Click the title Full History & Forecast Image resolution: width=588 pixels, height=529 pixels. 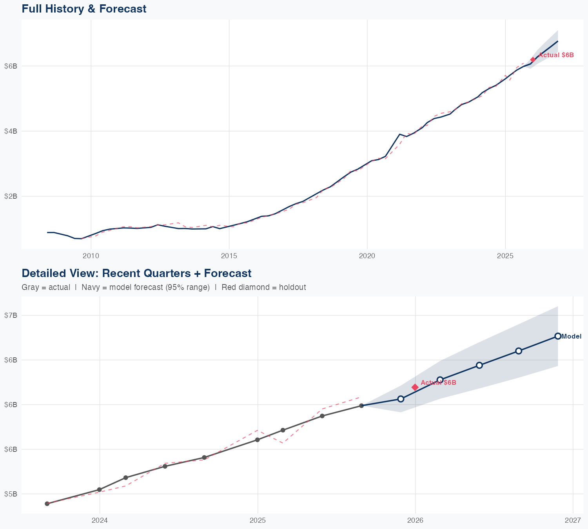click(x=84, y=9)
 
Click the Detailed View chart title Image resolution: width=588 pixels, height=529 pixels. click(x=136, y=273)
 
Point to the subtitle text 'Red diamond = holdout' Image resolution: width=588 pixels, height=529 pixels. click(x=263, y=287)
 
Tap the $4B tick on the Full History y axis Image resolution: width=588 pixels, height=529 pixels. click(x=11, y=131)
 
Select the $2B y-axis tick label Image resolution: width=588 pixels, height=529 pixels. click(x=11, y=196)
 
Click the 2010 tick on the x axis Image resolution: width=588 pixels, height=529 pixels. click(x=91, y=256)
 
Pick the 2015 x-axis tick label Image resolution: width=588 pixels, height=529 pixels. click(x=229, y=256)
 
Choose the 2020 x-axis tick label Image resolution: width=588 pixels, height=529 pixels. click(x=367, y=256)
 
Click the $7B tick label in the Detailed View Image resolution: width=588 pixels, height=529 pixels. click(x=11, y=315)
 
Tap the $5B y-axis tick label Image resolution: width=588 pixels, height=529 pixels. click(x=11, y=494)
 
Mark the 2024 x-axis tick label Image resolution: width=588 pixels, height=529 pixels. click(x=100, y=520)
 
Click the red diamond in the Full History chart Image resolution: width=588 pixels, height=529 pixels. click(x=533, y=60)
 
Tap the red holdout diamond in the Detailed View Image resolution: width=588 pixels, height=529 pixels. click(x=415, y=387)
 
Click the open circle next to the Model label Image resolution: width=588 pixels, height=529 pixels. click(x=558, y=336)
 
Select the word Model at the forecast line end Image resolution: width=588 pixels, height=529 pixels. click(x=572, y=336)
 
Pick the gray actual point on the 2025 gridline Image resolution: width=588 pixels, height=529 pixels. click(x=258, y=440)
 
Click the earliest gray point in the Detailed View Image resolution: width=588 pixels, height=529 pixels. click(x=47, y=504)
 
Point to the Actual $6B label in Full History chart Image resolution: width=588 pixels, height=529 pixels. click(x=556, y=55)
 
